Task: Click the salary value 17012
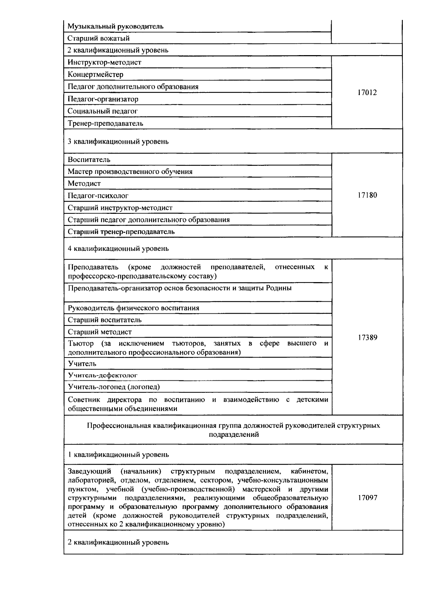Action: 367,93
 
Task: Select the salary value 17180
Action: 367,195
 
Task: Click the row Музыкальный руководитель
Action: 116,26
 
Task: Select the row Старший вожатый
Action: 99,38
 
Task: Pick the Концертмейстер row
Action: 96,75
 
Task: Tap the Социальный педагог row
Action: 103,111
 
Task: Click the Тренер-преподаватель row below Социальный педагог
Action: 106,123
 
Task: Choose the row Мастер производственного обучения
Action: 130,172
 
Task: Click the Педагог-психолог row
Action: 98,196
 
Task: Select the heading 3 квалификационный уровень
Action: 118,142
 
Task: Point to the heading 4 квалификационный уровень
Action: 118,248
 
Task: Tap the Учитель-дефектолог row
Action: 102,375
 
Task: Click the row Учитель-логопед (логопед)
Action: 114,387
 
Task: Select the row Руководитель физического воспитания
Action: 133,308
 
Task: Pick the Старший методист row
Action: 100,332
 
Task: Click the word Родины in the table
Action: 279,288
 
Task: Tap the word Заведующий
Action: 89,472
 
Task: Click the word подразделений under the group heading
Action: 233,435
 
